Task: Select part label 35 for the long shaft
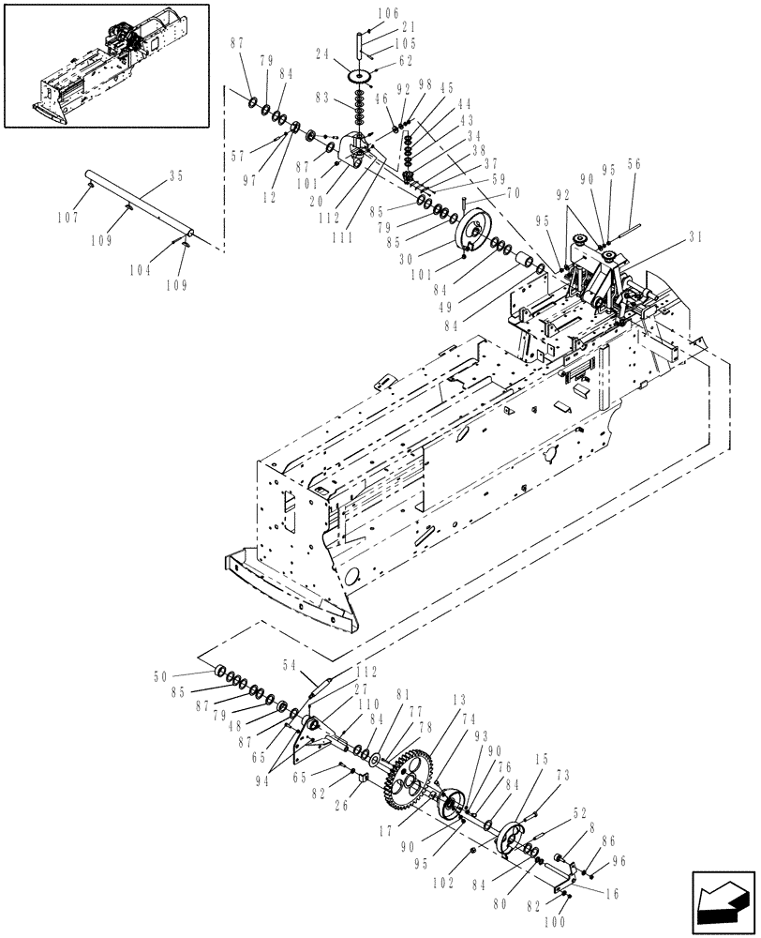[175, 174]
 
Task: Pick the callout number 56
[634, 162]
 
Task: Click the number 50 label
[160, 675]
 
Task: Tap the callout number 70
[513, 193]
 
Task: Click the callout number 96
[619, 860]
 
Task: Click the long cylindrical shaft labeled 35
[141, 201]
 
